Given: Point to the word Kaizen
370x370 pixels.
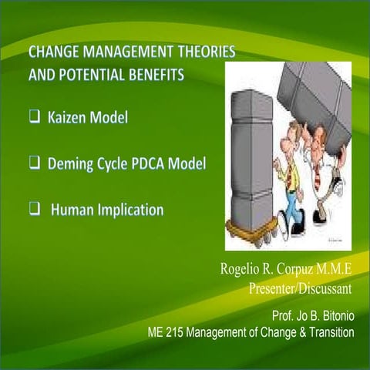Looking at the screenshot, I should tap(71, 119).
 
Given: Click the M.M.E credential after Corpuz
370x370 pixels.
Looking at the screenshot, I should tap(332, 271).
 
